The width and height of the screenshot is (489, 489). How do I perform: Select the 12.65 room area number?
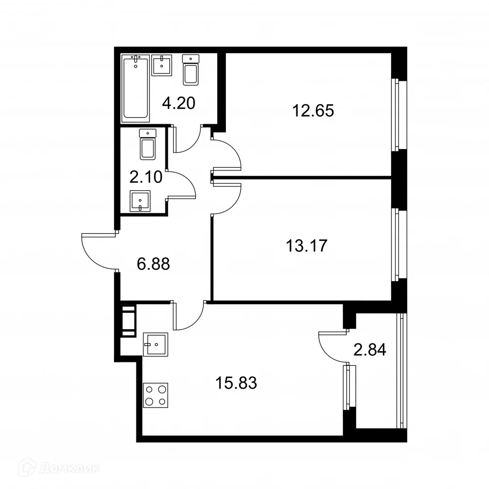pyautogui.click(x=313, y=111)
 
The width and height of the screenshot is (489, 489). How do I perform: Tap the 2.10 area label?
pyautogui.click(x=145, y=176)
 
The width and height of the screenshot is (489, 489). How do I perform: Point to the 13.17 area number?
pyautogui.click(x=306, y=244)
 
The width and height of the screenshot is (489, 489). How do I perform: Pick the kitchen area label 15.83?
pyautogui.click(x=236, y=382)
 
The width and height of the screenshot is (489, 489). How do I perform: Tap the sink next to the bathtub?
pyautogui.click(x=162, y=65)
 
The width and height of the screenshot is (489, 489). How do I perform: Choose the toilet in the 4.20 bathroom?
pyautogui.click(x=190, y=70)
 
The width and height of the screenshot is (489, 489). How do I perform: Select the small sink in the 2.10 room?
pyautogui.click(x=140, y=201)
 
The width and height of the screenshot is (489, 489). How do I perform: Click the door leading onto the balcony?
pyautogui.click(x=332, y=348)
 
